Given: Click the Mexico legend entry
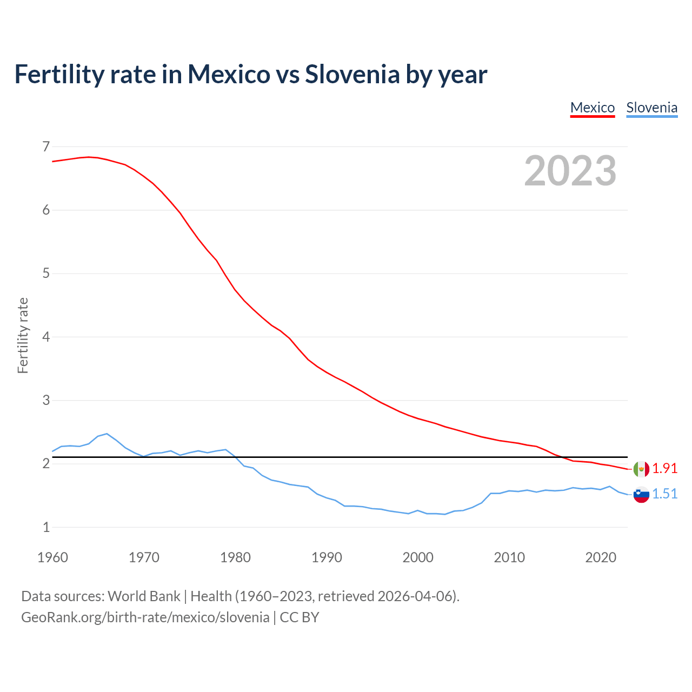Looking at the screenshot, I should point(593,108).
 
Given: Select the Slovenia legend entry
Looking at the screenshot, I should point(651,108).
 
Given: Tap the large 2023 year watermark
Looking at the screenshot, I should point(570,171).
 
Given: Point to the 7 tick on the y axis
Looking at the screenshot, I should point(46,147).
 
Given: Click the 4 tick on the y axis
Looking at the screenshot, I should point(46,337).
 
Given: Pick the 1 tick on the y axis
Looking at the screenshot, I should point(46,527).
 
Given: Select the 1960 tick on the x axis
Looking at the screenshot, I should point(52,557).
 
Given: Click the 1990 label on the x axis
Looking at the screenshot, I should point(327,557).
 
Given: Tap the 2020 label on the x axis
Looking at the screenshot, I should point(601,557).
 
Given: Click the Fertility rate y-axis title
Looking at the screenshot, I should point(23,335).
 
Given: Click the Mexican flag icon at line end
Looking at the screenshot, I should point(641,469).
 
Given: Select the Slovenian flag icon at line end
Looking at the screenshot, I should point(641,494).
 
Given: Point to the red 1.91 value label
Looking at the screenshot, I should point(664,469).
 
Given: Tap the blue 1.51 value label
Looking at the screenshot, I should point(664,494).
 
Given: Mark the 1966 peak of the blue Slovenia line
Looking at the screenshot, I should point(107,434).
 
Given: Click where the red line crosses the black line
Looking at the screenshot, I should point(562,457).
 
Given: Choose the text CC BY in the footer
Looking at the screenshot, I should point(299,617).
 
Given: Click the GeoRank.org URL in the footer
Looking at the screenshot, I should point(145,617).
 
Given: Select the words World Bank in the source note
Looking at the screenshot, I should point(144,596).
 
